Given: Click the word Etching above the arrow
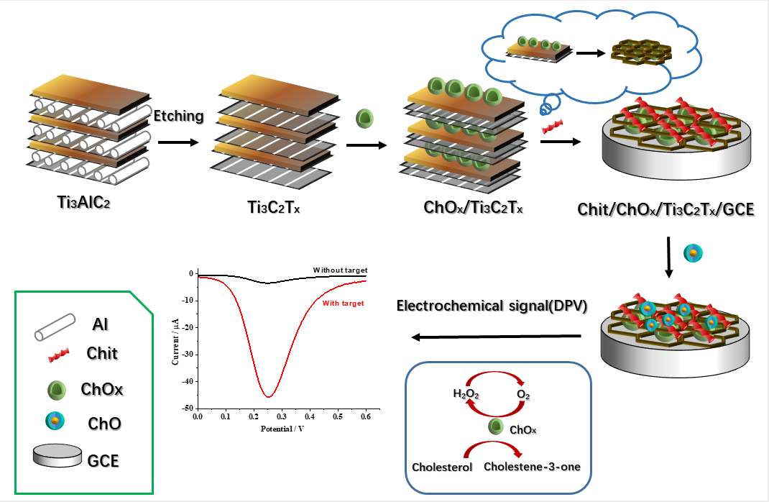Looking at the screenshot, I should (179, 117).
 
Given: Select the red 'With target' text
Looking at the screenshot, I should (343, 304).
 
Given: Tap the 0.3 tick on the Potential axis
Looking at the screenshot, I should (281, 416).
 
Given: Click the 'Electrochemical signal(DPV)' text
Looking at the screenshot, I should (492, 306).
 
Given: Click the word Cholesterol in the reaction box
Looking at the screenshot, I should (442, 467).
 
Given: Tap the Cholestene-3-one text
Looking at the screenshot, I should (532, 466).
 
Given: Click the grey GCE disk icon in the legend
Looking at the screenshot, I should (55, 456).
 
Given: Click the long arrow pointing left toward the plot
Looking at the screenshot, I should (495, 336).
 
